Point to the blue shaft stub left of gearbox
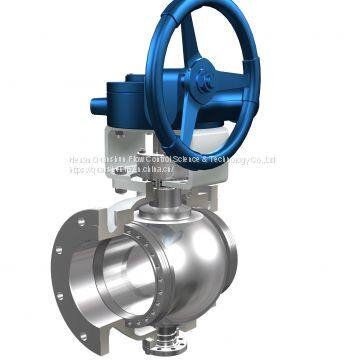(x=97, y=104)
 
